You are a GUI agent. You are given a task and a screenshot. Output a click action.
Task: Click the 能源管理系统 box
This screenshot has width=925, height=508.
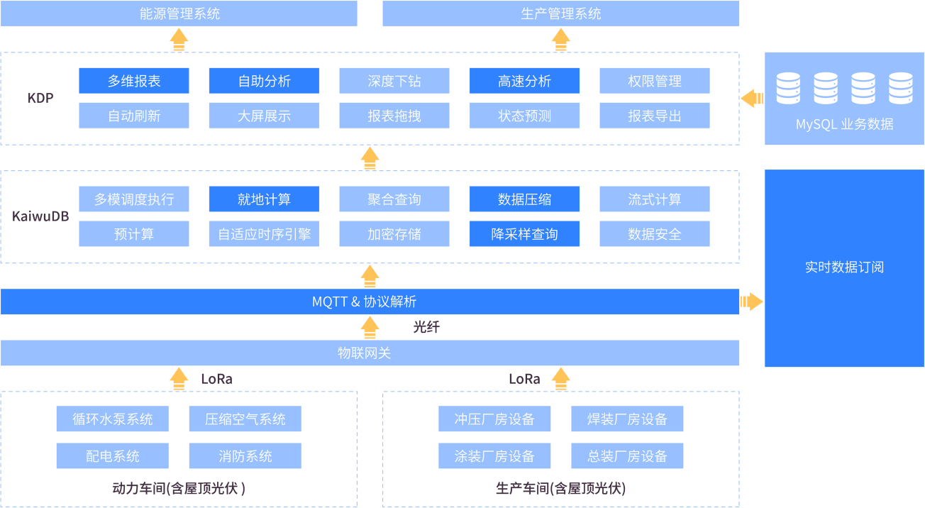pos(179,13)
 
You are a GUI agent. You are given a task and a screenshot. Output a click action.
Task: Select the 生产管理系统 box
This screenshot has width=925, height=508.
pos(560,13)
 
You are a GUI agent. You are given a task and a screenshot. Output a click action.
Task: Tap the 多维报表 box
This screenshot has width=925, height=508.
pos(134,81)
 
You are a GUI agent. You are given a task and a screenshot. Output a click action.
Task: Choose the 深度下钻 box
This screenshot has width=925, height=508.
pos(394,81)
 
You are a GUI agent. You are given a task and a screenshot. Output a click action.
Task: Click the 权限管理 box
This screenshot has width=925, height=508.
pos(654,81)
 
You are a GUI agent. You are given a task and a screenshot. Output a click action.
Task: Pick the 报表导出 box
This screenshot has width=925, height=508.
pos(654,116)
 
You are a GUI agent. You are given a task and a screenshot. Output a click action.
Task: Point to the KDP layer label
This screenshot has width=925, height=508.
pos(40,98)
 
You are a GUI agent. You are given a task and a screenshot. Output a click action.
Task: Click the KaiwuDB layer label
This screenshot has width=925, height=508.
pos(40,216)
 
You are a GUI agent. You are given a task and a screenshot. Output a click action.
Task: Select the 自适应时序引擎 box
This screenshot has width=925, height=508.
pos(264,234)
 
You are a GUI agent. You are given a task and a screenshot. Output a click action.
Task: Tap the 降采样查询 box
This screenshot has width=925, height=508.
pos(524,234)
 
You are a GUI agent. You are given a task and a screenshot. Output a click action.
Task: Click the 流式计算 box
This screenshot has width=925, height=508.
pos(654,199)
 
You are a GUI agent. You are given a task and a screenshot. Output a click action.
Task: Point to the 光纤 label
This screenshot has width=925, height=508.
pos(426,327)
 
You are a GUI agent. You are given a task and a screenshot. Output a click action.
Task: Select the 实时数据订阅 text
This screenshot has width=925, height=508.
pos(844,267)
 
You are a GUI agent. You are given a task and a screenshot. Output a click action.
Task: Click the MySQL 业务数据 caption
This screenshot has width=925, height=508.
pos(844,125)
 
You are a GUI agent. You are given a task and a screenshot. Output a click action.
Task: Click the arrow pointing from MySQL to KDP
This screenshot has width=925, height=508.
pos(752,99)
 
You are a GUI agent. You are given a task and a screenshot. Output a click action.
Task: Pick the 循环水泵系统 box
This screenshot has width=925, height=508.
pos(113,419)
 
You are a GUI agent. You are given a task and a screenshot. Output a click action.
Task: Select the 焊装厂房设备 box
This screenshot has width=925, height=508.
pos(627,419)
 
